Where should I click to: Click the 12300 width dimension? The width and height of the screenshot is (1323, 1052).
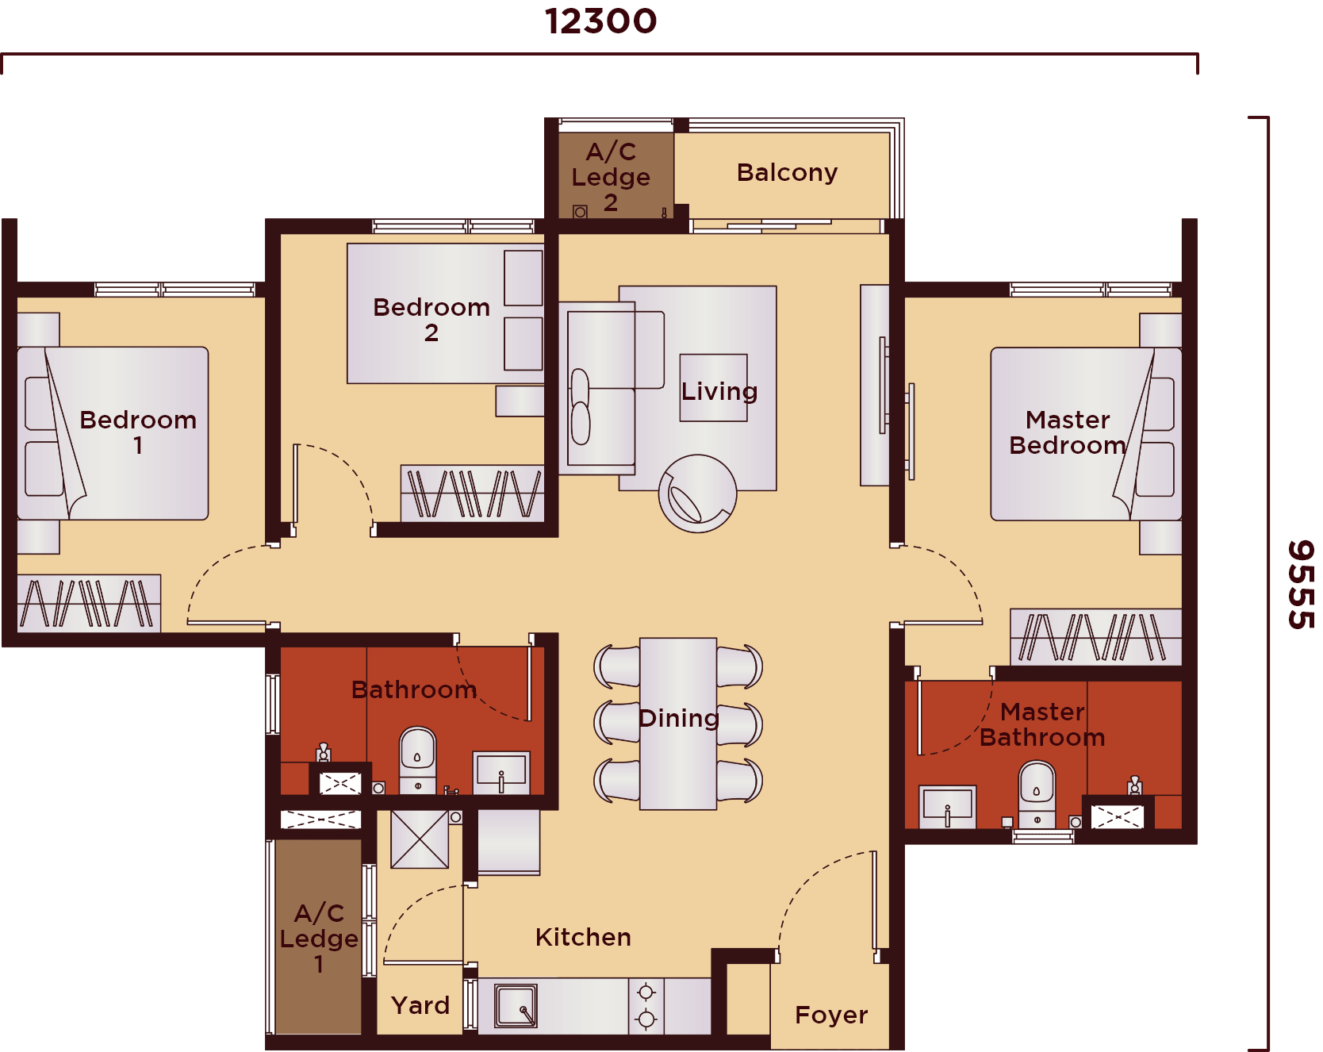pos(600,21)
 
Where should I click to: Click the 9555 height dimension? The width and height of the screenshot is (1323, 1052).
pos(1300,585)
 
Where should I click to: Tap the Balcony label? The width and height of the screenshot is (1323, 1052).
pos(787,173)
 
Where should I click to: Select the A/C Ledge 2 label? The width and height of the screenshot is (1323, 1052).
pos(611,177)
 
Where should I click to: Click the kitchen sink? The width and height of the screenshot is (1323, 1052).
pos(516,1005)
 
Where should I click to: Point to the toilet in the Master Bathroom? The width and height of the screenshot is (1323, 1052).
pos(1037,793)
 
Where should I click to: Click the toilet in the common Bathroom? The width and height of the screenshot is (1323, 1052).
pos(418,758)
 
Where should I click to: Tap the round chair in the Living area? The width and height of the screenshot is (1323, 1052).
pos(697,493)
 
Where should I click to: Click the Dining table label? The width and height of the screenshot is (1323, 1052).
pos(679,719)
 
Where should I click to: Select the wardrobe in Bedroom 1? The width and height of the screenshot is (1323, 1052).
pos(89,604)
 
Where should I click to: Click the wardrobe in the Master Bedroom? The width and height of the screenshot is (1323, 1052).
pos(1095,637)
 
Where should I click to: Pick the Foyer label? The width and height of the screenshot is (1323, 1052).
pos(831,1015)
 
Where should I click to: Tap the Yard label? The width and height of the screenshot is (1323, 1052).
pos(420,1006)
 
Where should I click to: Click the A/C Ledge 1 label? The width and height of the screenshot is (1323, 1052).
pos(319,939)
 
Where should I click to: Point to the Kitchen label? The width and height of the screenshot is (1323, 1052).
pos(583,938)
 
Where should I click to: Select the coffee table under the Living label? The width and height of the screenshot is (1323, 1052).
pos(713,387)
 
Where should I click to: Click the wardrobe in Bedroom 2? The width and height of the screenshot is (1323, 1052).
pos(473,493)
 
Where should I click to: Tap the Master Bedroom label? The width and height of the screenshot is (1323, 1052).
pos(1068,432)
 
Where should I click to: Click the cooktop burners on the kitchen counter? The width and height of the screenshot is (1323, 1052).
pos(646,1005)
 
